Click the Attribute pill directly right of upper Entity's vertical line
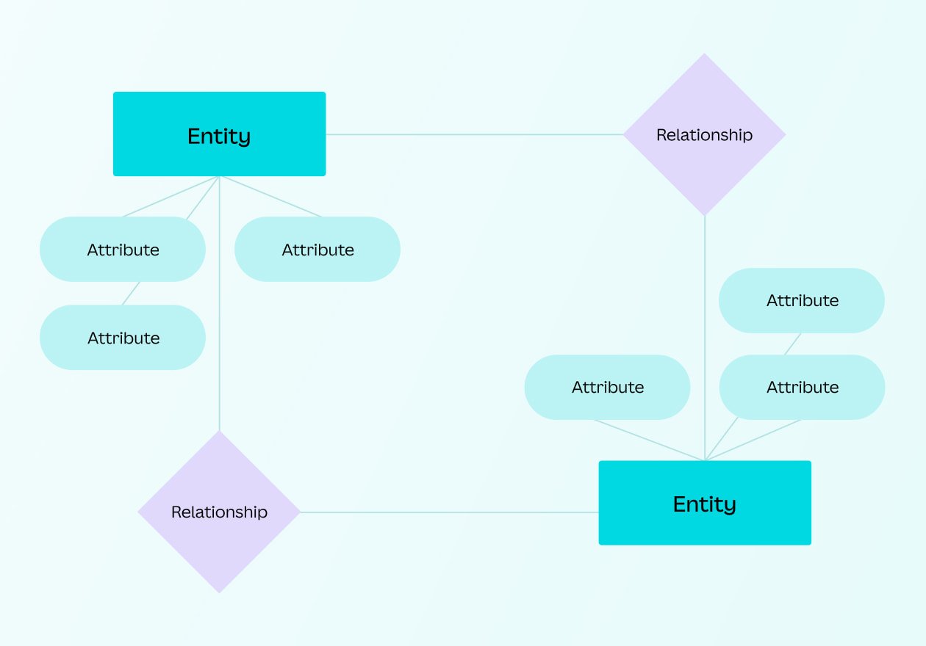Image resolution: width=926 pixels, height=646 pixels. tap(317, 250)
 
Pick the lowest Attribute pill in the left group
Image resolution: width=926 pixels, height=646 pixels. tap(123, 338)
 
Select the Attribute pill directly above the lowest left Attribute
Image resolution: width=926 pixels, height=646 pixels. tap(123, 250)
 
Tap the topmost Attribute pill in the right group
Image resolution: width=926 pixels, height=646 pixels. tap(802, 300)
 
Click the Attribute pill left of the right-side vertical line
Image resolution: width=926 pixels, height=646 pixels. tap(607, 387)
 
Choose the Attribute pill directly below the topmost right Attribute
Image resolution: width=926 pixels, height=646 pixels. tap(802, 387)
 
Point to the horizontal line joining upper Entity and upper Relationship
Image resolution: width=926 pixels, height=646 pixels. tap(474, 134)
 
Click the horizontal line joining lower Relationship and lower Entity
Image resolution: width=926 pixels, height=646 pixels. tap(450, 512)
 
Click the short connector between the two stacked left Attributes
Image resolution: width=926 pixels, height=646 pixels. tap(131, 294)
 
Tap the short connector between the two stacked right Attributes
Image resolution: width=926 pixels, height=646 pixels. tap(792, 344)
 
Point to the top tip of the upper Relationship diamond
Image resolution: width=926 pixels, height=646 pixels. tap(704, 56)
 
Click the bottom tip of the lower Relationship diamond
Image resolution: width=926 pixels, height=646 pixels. tap(219, 590)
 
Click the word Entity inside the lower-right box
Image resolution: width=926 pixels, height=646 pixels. tap(705, 504)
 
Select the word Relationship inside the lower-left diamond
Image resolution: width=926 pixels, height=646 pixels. tap(219, 512)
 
